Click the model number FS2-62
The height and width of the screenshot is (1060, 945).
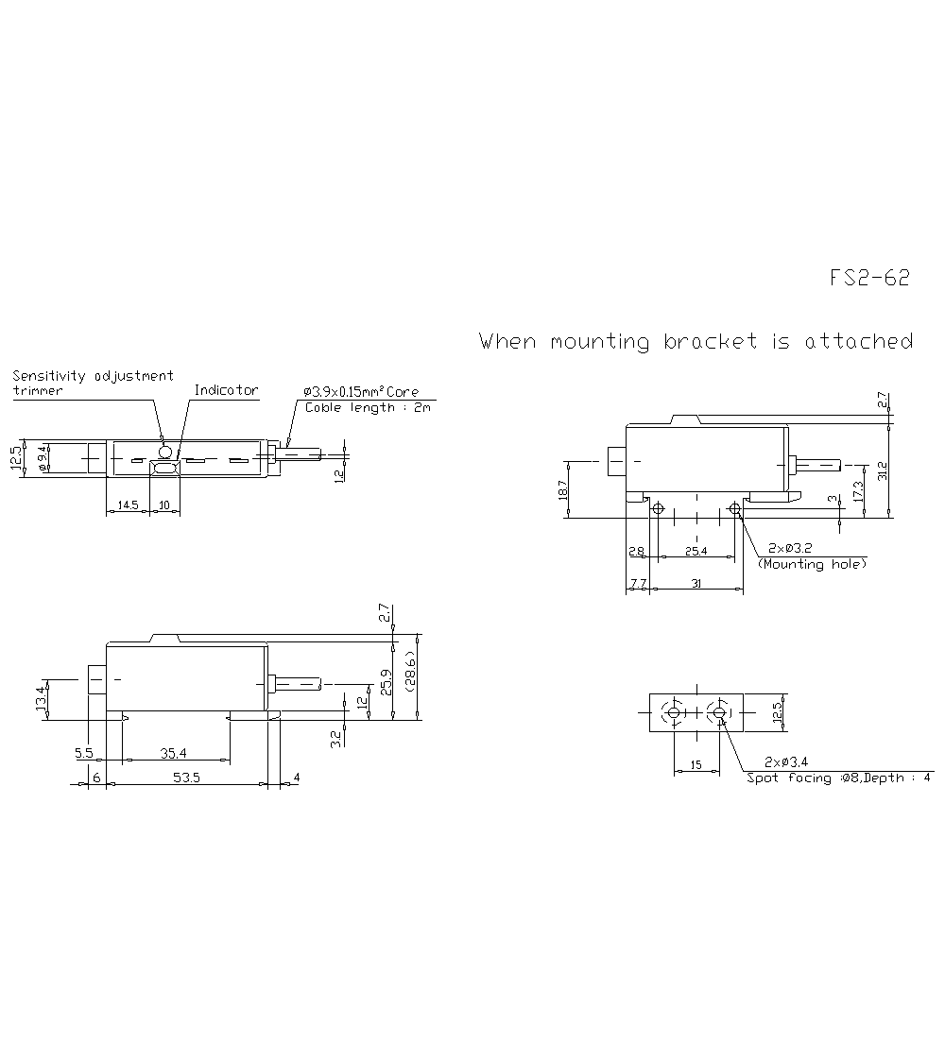pyautogui.click(x=869, y=278)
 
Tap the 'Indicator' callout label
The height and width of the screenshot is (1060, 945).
pyautogui.click(x=226, y=390)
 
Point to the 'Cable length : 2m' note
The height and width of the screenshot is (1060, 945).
pyautogui.click(x=367, y=407)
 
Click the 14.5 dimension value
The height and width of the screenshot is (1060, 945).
pyautogui.click(x=128, y=505)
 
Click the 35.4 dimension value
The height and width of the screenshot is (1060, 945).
pyautogui.click(x=173, y=753)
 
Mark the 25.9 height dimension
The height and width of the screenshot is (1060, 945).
pyautogui.click(x=387, y=682)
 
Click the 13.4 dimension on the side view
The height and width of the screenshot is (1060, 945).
pyautogui.click(x=42, y=701)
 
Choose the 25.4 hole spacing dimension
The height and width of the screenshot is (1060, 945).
pyautogui.click(x=696, y=550)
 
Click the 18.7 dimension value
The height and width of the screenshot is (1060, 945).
pyautogui.click(x=562, y=489)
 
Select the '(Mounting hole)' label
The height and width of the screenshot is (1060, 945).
pyautogui.click(x=812, y=563)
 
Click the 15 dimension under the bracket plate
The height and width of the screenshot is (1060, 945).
pyautogui.click(x=696, y=765)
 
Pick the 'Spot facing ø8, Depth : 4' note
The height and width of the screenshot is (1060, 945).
pyautogui.click(x=838, y=778)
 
